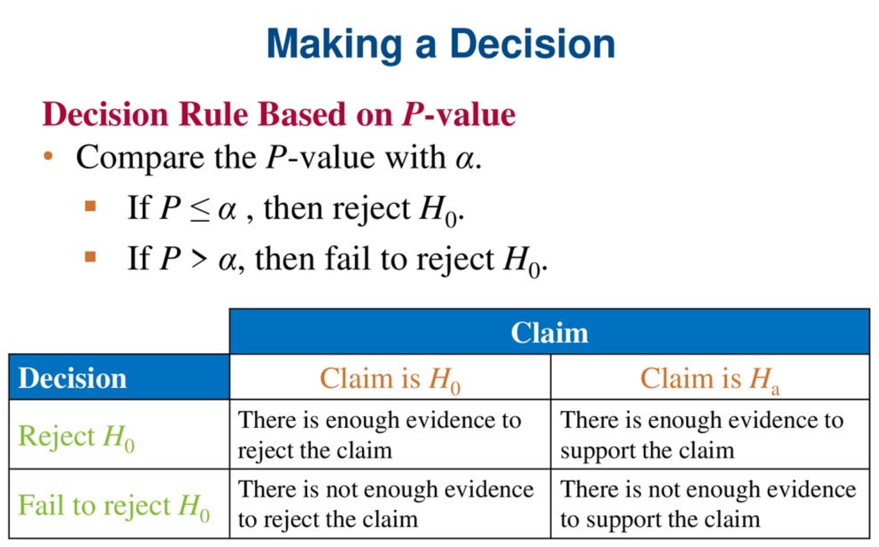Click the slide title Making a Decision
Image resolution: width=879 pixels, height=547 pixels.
click(440, 44)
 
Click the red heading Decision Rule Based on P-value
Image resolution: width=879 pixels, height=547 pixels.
click(279, 114)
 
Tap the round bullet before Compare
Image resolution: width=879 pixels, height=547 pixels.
click(48, 156)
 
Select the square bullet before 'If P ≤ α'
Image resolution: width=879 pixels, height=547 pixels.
click(90, 206)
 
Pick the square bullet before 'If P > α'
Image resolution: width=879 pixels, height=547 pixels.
click(90, 257)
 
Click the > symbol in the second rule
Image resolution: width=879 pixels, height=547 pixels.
click(199, 259)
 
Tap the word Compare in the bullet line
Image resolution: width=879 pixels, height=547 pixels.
click(141, 158)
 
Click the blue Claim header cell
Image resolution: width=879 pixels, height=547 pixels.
click(550, 332)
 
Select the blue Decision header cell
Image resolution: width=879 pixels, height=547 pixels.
click(119, 377)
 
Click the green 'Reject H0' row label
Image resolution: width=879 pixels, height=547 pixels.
click(77, 437)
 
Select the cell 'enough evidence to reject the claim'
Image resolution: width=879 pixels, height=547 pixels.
click(390, 434)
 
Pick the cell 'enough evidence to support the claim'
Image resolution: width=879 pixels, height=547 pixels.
click(710, 434)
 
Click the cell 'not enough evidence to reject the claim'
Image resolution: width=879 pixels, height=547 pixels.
click(390, 504)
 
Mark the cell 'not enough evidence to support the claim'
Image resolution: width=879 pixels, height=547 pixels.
click(710, 504)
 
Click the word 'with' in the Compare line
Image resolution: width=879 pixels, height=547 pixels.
click(415, 157)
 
